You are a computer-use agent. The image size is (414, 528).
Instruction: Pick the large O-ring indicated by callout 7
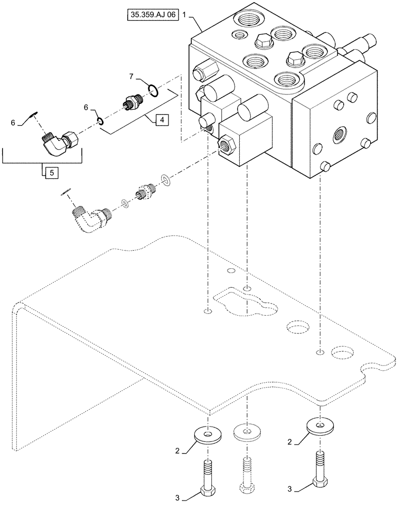coord(152,91)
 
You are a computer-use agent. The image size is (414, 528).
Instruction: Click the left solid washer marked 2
coord(210,435)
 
